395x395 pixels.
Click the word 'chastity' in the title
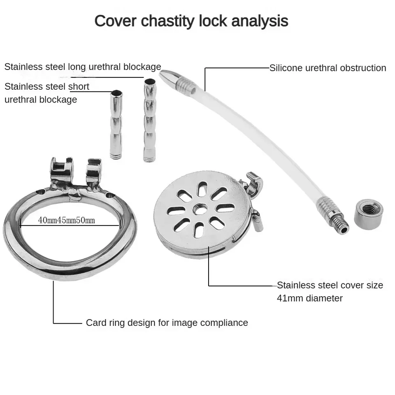(x=168, y=21)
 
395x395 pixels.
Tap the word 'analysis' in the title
(x=260, y=21)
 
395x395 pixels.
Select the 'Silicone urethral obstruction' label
(x=328, y=68)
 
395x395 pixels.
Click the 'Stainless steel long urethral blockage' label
(x=83, y=67)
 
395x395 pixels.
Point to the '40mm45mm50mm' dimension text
(x=67, y=220)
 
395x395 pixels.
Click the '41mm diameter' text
(x=310, y=298)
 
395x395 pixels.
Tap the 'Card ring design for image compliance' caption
(x=167, y=323)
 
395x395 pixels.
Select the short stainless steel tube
(x=116, y=124)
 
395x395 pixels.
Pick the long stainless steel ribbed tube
(x=149, y=120)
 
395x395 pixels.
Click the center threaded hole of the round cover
(x=200, y=209)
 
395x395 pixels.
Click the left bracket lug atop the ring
(x=61, y=170)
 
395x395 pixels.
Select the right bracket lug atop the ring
(x=94, y=172)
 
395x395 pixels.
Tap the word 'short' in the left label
(x=79, y=87)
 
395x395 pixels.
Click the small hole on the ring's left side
(x=41, y=192)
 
